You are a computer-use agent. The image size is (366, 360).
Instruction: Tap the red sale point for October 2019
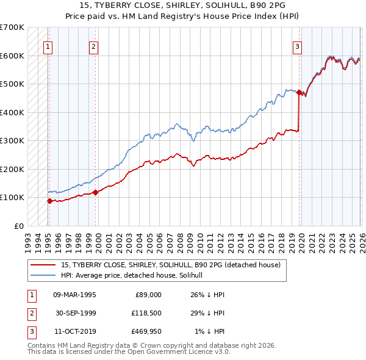[299, 93]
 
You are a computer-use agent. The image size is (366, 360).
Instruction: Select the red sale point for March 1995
[49, 200]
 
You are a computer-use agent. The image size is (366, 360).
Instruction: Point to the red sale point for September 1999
[96, 192]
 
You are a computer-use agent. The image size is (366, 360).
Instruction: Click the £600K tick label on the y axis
[12, 56]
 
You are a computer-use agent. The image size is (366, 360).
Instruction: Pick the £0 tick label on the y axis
[18, 226]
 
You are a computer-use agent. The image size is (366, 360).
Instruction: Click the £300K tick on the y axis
[12, 140]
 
